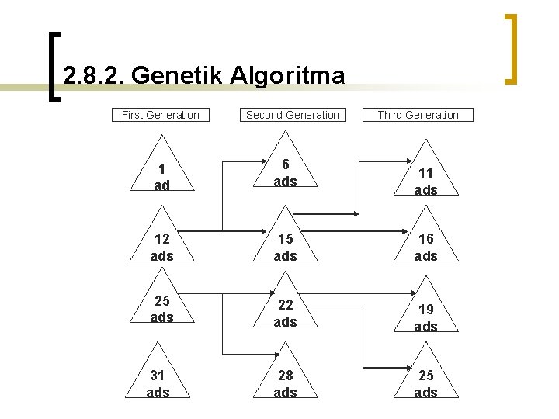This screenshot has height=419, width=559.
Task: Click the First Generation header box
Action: coord(161,115)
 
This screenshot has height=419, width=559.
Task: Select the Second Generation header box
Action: coord(292,115)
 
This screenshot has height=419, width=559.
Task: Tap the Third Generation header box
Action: coord(418,115)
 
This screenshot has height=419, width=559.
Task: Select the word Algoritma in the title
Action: coord(292,76)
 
